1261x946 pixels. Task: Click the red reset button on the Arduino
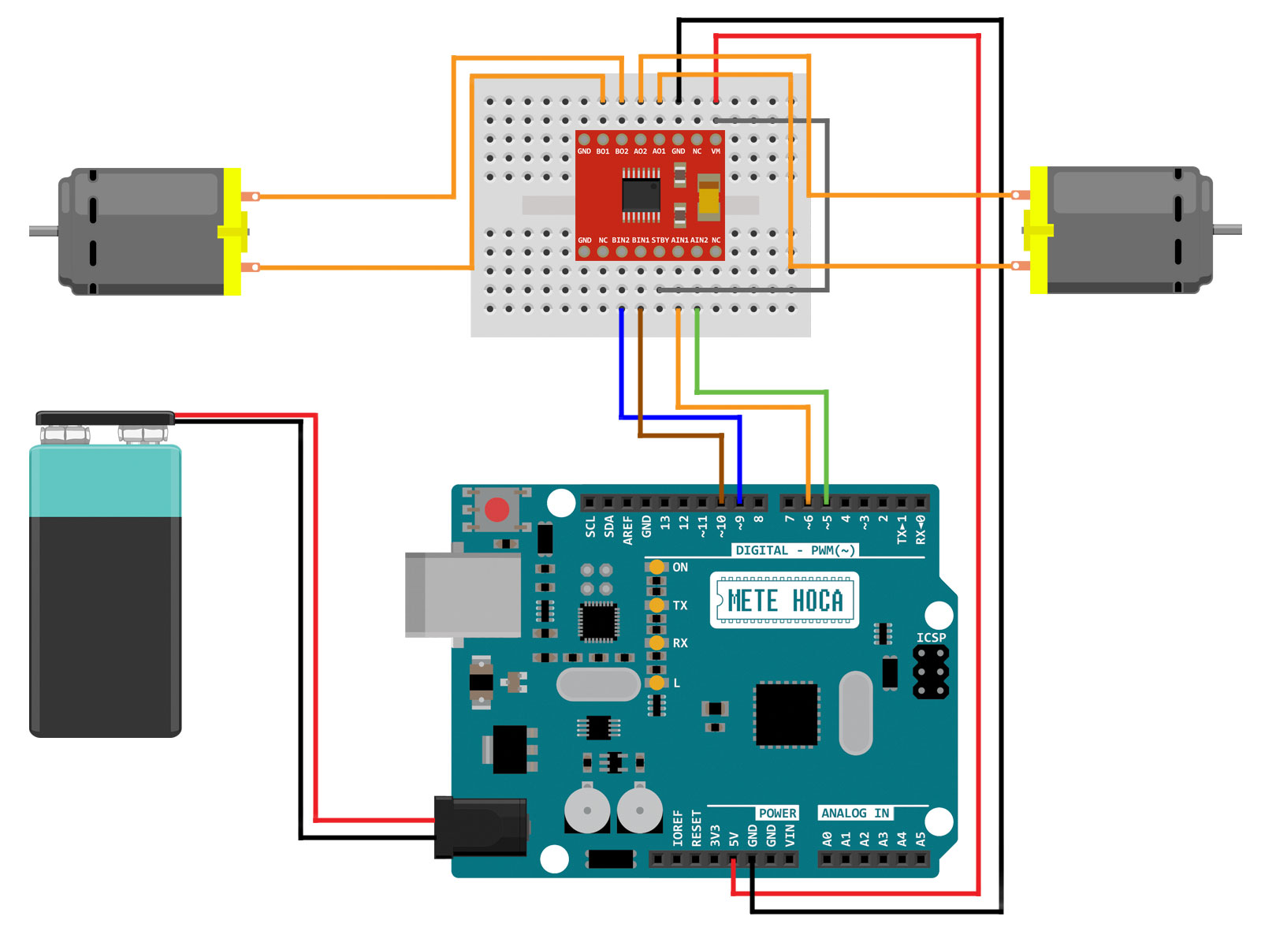497,510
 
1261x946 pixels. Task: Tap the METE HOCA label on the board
784,601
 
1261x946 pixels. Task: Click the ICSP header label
931,637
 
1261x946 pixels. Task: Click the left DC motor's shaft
43,231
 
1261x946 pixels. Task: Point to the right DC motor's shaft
1227,229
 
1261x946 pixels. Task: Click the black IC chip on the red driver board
641,193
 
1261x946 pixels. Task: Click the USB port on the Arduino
463,594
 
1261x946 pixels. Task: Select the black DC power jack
481,827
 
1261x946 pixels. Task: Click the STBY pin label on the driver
660,240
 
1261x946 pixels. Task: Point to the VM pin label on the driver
716,151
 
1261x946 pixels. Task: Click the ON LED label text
680,567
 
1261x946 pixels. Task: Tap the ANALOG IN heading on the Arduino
855,813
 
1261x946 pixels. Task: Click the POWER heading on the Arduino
777,813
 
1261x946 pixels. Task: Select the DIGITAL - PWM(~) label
794,550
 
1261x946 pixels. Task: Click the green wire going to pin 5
826,441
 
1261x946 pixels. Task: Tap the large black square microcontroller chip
787,714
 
